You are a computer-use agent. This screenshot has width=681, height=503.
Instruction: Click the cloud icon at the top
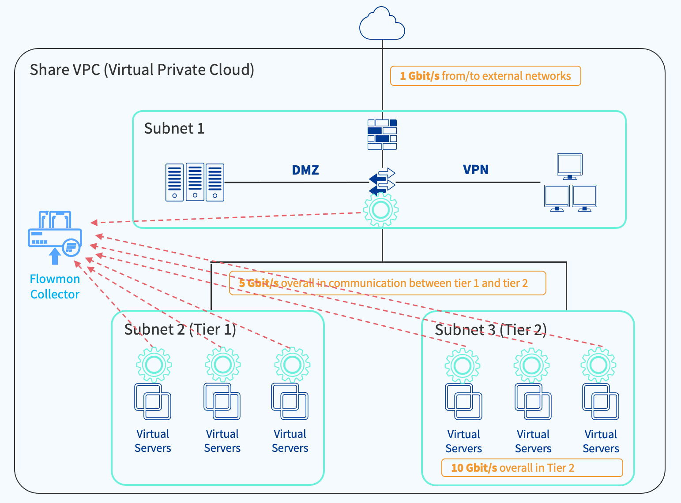click(382, 24)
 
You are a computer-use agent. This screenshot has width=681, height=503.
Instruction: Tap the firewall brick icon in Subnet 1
click(382, 134)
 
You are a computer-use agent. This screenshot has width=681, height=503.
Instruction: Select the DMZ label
click(305, 170)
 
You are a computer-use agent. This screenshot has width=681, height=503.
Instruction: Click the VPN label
click(475, 169)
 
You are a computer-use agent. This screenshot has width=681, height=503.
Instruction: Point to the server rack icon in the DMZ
click(195, 182)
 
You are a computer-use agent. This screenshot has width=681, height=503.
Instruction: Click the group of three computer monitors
click(570, 183)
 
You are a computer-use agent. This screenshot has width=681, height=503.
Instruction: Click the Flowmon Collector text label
click(55, 287)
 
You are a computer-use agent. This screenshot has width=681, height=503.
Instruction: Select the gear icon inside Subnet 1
click(381, 210)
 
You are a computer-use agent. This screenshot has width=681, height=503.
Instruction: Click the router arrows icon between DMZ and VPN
click(382, 181)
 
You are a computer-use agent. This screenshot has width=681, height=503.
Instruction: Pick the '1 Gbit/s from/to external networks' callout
click(485, 76)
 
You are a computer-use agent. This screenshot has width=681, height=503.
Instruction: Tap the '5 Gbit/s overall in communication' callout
click(387, 283)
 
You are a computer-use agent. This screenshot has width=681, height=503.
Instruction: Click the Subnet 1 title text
click(174, 128)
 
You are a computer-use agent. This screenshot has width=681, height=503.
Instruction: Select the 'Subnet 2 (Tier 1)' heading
click(180, 329)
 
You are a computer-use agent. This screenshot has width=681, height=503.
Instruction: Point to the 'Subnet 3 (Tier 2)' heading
click(491, 330)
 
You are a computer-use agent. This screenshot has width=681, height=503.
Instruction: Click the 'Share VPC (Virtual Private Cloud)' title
click(142, 70)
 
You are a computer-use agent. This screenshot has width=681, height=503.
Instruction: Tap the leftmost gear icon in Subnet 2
click(154, 365)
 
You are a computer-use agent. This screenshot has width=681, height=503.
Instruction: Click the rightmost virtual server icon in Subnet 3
click(601, 402)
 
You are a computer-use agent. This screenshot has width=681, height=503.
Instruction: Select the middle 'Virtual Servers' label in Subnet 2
click(222, 441)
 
